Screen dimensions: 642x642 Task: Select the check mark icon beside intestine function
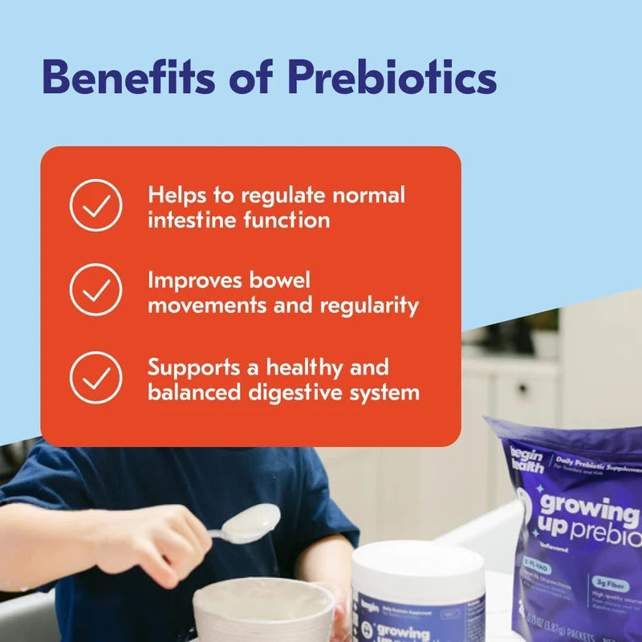click(x=95, y=206)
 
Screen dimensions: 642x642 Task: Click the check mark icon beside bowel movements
click(x=95, y=290)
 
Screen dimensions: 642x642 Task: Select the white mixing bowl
click(x=264, y=611)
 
